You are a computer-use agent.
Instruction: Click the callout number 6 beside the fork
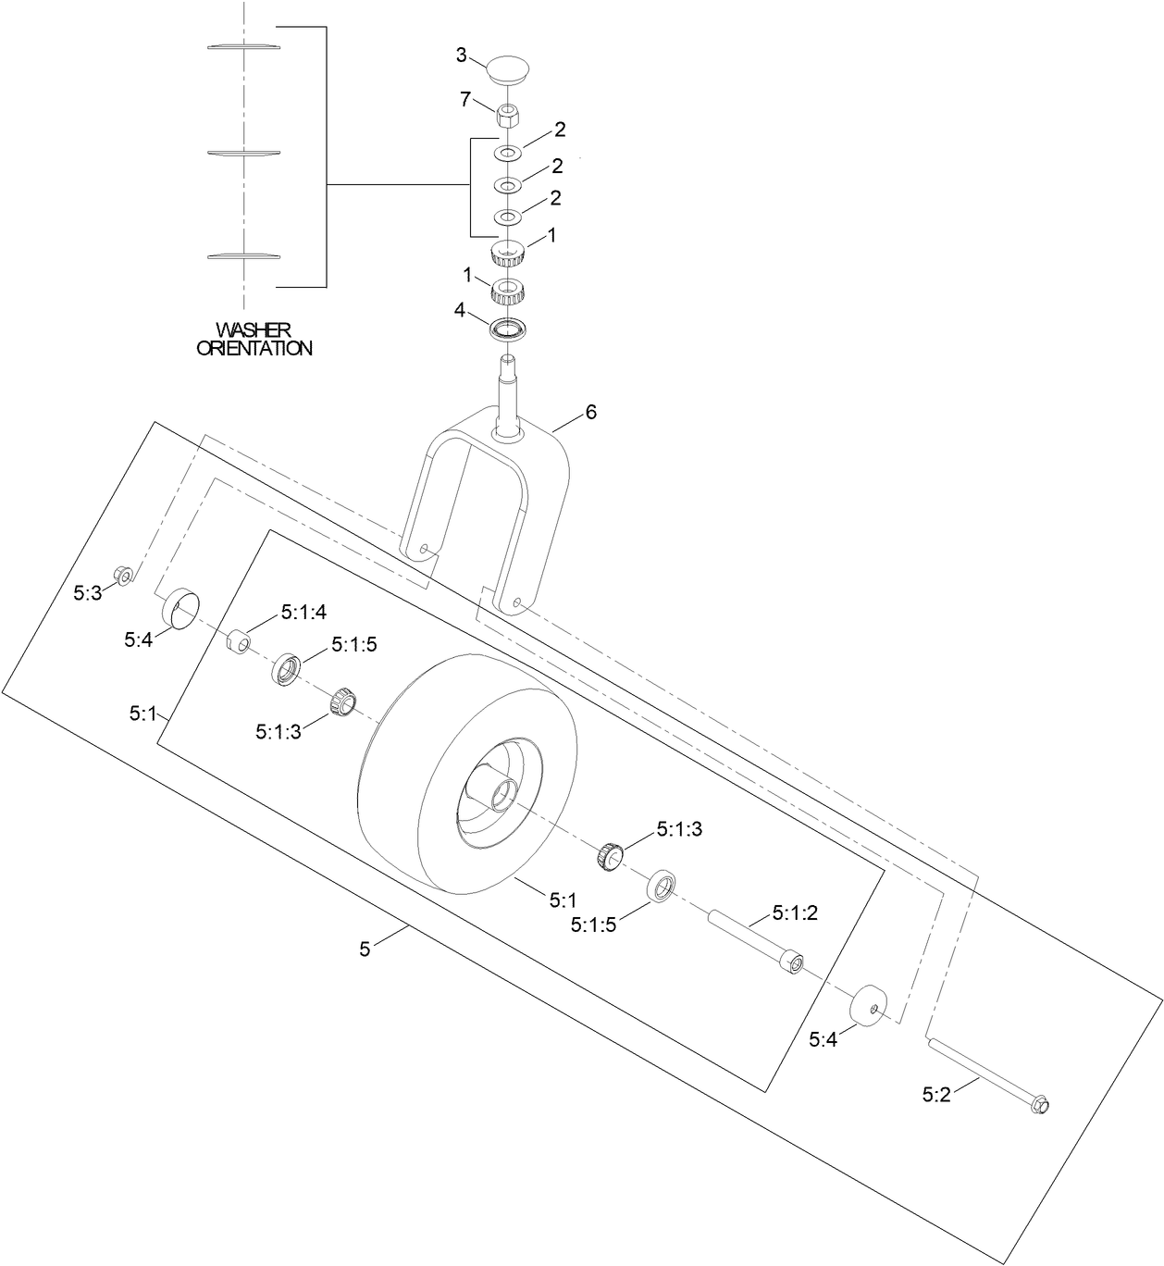590,412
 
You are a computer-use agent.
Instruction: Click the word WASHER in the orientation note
253,330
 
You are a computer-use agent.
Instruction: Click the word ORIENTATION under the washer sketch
254,349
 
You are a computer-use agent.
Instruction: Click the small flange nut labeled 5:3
121,575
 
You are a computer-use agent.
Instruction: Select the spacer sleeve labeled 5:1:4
239,640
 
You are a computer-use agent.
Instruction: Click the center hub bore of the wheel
502,792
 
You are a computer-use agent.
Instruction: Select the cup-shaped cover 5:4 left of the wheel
182,610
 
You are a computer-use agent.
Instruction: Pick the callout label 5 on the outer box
365,948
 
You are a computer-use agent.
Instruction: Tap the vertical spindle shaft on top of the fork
507,389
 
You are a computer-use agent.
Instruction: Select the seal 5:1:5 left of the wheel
288,669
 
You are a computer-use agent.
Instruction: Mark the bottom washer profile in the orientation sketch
243,255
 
